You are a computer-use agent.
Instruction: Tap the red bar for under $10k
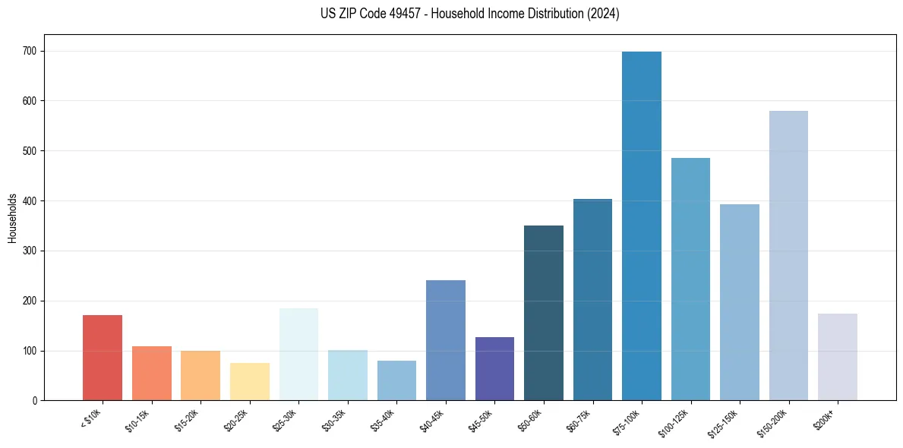[x=103, y=358]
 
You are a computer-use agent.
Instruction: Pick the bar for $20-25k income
[x=250, y=382]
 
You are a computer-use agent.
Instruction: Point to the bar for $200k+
[x=838, y=357]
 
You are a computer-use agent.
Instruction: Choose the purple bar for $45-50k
[x=494, y=369]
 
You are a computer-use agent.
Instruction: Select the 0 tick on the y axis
[x=35, y=401]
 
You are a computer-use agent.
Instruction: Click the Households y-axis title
[x=13, y=218]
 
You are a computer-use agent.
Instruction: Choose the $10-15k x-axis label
[x=137, y=419]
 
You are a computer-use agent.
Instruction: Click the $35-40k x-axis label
[x=383, y=419]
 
